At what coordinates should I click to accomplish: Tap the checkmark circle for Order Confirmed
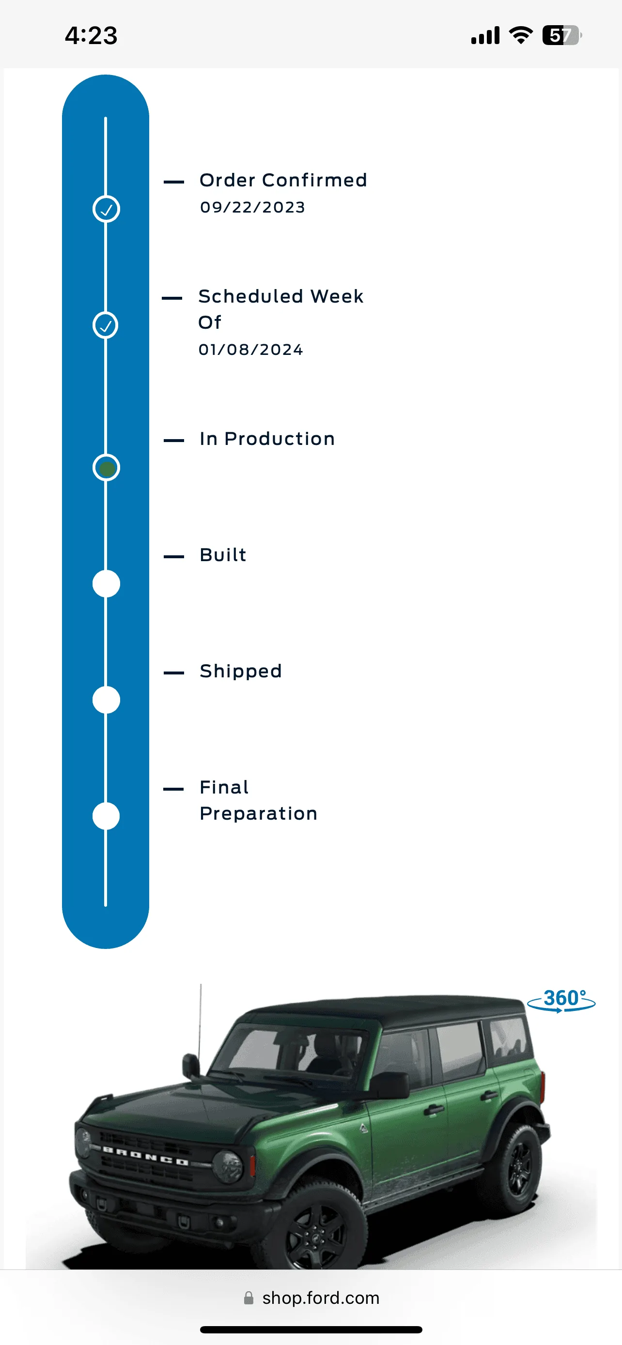(x=106, y=209)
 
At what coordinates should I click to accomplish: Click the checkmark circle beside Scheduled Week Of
(x=106, y=325)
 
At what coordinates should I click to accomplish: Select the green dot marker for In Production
(x=106, y=467)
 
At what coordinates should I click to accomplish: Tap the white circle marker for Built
(x=106, y=584)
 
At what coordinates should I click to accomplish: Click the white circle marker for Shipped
(x=106, y=700)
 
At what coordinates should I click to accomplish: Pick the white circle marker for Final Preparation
(x=106, y=816)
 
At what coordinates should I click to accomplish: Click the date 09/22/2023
(x=253, y=207)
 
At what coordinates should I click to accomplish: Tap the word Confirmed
(x=315, y=180)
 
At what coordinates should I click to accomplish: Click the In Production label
(x=267, y=439)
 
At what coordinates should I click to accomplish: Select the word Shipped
(x=241, y=672)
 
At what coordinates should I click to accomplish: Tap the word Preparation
(x=259, y=814)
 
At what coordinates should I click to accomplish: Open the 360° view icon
(x=561, y=1000)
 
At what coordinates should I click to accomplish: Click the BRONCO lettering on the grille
(x=145, y=1156)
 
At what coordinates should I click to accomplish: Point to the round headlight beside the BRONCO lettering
(x=228, y=1166)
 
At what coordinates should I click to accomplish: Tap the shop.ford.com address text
(x=321, y=1298)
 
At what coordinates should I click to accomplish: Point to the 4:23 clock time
(x=92, y=35)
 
